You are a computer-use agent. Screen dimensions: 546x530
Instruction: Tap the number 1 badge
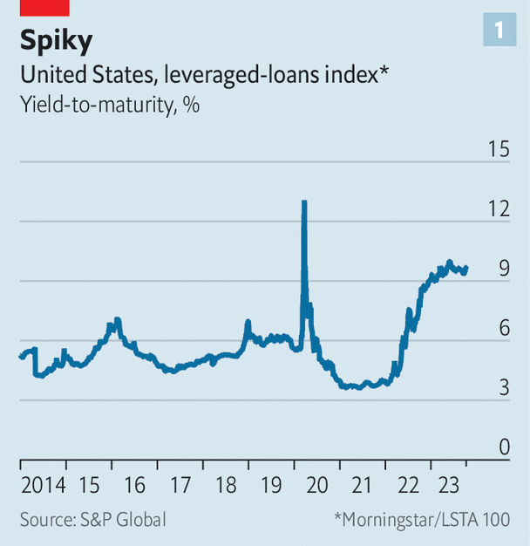499,31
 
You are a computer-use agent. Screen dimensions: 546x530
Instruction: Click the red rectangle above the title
44,7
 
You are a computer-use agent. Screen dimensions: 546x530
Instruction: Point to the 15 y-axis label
498,150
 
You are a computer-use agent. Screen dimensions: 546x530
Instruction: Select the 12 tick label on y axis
498,209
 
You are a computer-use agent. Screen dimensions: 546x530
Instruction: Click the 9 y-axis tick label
503,270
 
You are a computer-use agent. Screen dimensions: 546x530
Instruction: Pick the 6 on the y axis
503,329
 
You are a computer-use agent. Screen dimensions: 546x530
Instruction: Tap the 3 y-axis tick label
503,388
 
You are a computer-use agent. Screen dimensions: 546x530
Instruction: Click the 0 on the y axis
503,447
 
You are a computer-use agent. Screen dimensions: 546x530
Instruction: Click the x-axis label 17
180,485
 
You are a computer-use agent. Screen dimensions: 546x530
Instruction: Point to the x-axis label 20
317,485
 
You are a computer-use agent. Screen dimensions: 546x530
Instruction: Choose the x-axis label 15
89,485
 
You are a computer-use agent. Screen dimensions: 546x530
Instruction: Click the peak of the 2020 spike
303,202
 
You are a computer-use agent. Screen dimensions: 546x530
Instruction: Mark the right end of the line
466,268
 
